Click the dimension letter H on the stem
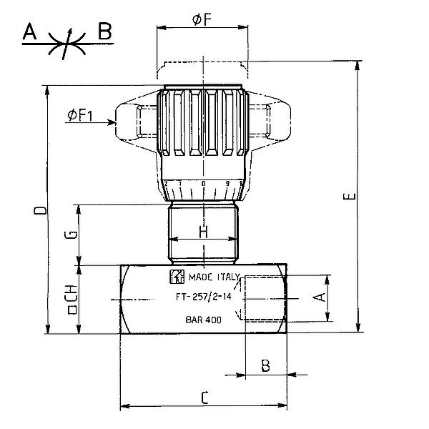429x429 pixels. click(x=203, y=232)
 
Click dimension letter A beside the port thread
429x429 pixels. click(x=320, y=296)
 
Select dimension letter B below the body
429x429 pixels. click(x=265, y=367)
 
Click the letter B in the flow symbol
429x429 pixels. click(x=104, y=31)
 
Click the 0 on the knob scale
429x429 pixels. click(x=204, y=184)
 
